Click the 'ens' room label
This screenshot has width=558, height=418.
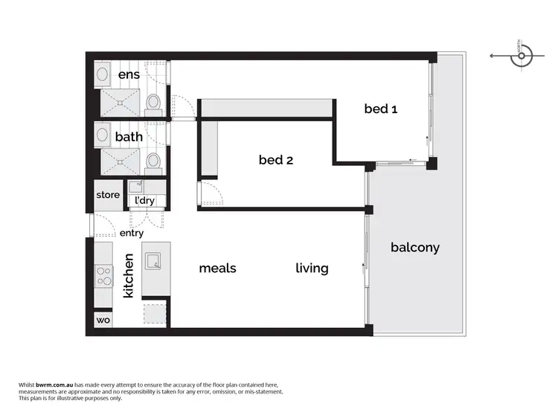[129, 75]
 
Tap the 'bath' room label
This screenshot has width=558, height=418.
[129, 137]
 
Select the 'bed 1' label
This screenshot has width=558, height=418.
[380, 109]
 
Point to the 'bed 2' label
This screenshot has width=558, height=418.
[275, 159]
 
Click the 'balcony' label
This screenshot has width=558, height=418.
[415, 248]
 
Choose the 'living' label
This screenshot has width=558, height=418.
[312, 268]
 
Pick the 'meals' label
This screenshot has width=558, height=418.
[217, 268]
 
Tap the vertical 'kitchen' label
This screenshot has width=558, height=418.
[128, 276]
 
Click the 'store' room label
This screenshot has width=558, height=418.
[108, 195]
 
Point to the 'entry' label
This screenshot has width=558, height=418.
[132, 233]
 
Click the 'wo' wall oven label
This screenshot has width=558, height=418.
[103, 321]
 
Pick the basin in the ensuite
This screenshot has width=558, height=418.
[103, 74]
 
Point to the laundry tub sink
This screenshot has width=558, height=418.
[135, 187]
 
